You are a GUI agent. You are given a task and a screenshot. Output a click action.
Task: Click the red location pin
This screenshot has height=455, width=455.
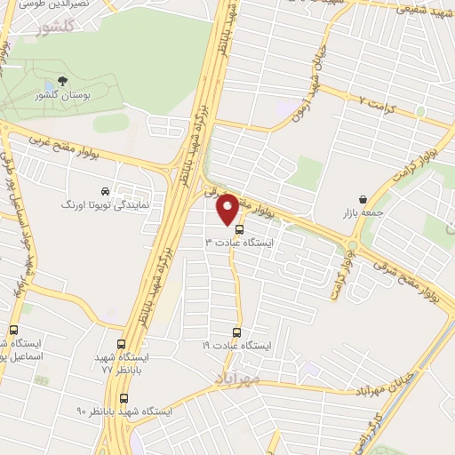227,208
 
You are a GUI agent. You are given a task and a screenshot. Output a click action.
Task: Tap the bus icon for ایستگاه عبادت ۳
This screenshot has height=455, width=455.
238,228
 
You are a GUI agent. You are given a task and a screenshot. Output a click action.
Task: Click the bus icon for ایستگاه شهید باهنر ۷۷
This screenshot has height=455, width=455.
121,343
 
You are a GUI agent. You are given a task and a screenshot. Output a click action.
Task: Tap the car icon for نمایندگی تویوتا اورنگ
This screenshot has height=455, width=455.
105,191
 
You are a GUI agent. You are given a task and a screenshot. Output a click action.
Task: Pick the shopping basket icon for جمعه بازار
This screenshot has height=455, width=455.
363,199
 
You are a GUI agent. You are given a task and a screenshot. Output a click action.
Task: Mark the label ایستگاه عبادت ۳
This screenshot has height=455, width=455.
241,242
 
